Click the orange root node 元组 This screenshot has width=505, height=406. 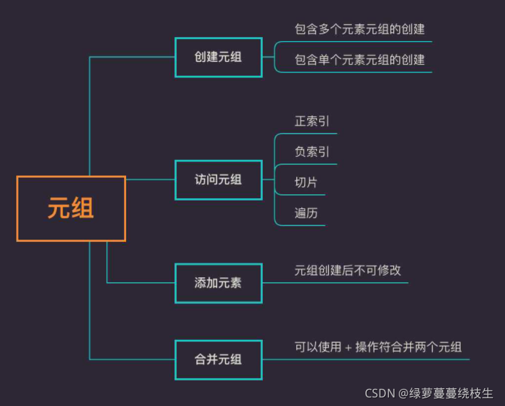[x=71, y=209]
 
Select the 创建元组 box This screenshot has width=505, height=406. [x=218, y=57]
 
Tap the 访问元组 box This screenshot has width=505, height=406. [x=218, y=180]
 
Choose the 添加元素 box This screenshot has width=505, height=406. [x=218, y=282]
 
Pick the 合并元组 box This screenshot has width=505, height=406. [x=218, y=359]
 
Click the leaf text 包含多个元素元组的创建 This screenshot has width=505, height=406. [x=360, y=29]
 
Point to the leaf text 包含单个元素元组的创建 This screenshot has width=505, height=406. [x=360, y=60]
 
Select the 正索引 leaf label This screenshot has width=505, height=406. [x=312, y=122]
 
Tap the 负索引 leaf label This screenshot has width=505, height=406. [x=312, y=152]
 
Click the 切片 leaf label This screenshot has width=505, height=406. [x=306, y=183]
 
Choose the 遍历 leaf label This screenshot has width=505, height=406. [x=306, y=213]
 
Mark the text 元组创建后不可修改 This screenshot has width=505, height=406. [x=348, y=271]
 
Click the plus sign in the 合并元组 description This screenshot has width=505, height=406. [x=348, y=348]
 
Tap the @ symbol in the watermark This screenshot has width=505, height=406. [x=403, y=393]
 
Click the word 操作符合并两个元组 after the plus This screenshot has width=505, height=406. [x=409, y=348]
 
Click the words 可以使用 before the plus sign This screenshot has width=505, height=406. [x=318, y=348]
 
